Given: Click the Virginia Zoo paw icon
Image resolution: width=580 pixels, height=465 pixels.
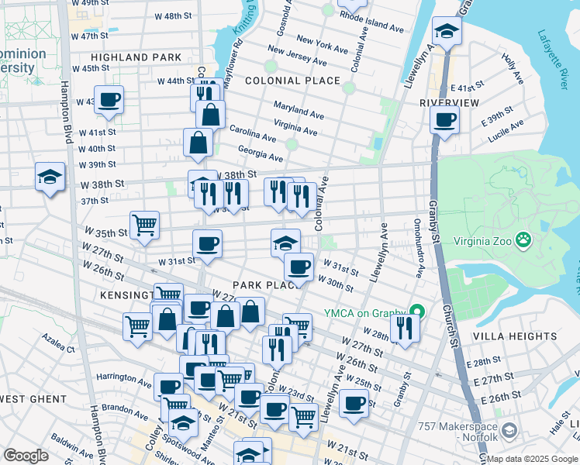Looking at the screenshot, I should coord(525,239).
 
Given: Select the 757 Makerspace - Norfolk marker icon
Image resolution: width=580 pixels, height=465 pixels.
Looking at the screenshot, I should coord(509,429).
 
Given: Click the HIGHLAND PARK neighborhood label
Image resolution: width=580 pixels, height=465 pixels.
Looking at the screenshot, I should coord(136,57).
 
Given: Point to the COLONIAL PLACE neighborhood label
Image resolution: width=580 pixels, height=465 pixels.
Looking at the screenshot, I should coord(292,81).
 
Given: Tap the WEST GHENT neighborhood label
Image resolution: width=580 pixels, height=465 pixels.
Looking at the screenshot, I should coord(31,399).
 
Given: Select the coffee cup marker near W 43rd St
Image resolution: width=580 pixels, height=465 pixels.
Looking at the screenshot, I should coord(109,100).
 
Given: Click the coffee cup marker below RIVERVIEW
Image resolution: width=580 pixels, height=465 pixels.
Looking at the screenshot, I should coord(445,120).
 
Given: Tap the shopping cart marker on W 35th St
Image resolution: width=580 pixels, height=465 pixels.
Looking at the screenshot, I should coord(144,226).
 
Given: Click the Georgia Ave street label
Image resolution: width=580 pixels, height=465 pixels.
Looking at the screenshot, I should coord(260,152).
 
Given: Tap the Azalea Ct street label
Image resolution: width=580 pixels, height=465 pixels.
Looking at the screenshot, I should coord(59,350).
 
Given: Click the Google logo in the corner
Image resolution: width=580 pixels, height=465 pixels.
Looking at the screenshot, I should coord(26,456).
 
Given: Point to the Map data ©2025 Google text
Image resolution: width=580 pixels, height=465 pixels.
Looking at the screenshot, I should coord(532,459).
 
